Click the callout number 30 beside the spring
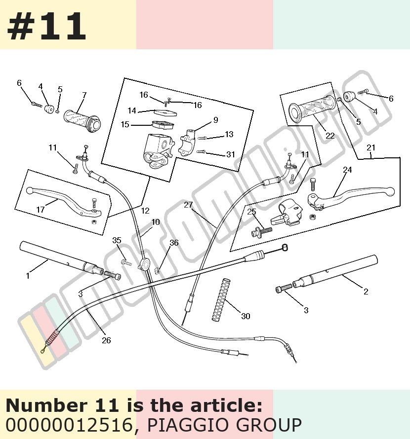pyautogui.click(x=246, y=316)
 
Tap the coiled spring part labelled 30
pyautogui.click(x=221, y=299)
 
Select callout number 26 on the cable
pyautogui.click(x=106, y=340)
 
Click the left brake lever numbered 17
pyautogui.click(x=64, y=202)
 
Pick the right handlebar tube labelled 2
pyautogui.click(x=335, y=272)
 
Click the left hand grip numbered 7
pyautogui.click(x=82, y=121)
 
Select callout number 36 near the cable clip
pyautogui.click(x=174, y=243)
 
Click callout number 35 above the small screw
pyautogui.click(x=117, y=240)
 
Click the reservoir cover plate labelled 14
pyautogui.click(x=165, y=112)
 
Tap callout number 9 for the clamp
pyautogui.click(x=216, y=120)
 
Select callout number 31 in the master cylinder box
pyautogui.click(x=231, y=154)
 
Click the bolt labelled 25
pyautogui.click(x=262, y=232)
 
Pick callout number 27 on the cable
pyautogui.click(x=188, y=205)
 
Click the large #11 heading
pyautogui.click(x=46, y=26)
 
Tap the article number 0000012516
pyautogui.click(x=69, y=425)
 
